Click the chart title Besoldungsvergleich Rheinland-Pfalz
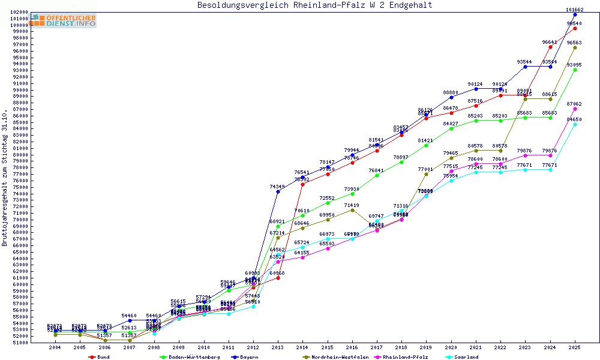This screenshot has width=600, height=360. pyautogui.click(x=314, y=5)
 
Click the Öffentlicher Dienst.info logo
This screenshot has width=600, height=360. pyautogui.click(x=64, y=20)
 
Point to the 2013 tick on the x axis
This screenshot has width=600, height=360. pyautogui.click(x=278, y=347)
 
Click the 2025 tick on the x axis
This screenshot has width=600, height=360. pyautogui.click(x=575, y=347)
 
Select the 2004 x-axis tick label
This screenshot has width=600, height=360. pyautogui.click(x=55, y=347)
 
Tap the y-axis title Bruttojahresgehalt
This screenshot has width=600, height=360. pyautogui.click(x=5, y=178)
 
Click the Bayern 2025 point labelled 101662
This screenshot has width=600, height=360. pyautogui.click(x=575, y=14)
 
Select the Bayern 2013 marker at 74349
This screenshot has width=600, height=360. pyautogui.click(x=278, y=191)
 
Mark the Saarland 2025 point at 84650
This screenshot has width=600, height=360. pyautogui.click(x=575, y=125)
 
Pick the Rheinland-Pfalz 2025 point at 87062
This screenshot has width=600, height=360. pyautogui.click(x=575, y=109)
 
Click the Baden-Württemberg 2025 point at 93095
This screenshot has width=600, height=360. pyautogui.click(x=575, y=70)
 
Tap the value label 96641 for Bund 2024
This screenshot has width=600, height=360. pyautogui.click(x=550, y=42)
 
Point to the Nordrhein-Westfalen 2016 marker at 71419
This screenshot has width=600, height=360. pyautogui.click(x=352, y=210)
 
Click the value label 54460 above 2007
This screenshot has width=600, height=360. pyautogui.click(x=130, y=316)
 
